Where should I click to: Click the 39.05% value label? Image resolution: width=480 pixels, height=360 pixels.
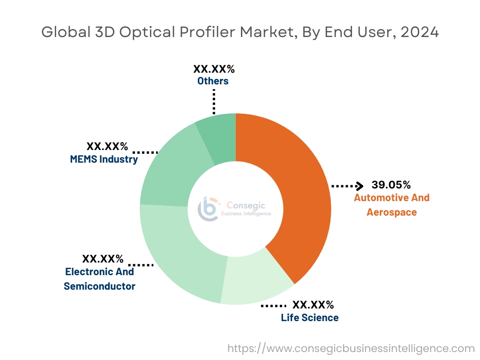[391, 184]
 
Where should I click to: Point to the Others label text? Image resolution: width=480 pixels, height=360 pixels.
[213, 81]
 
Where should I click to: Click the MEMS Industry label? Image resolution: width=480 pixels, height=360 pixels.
[104, 159]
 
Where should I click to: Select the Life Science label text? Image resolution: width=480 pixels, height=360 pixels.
[309, 318]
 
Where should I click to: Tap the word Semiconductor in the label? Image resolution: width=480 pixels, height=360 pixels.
[99, 286]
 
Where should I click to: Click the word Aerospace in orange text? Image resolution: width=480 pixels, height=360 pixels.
[391, 212]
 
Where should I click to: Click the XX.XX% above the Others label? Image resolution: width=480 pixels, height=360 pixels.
[214, 69]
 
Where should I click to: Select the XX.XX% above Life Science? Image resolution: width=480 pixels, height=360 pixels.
[313, 305]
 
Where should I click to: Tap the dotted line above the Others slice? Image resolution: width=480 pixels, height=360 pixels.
[214, 101]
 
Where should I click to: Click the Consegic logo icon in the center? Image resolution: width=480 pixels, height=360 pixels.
[208, 209]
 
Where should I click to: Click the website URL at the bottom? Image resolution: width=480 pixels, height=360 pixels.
[351, 348]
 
